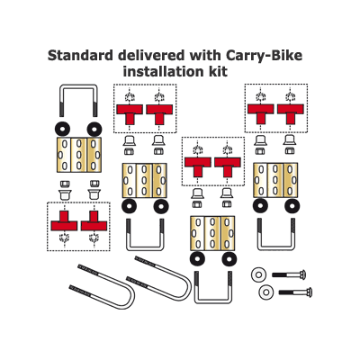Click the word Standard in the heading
[80, 56]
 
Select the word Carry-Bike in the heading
[264, 56]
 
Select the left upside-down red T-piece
[64, 220]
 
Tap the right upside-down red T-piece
[94, 220]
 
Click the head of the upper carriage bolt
[302, 274]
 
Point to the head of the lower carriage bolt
[309, 292]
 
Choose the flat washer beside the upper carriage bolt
[258, 274]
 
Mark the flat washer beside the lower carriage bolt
[265, 292]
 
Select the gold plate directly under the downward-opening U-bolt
[79, 155]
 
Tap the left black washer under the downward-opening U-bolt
[62, 129]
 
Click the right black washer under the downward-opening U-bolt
[94, 129]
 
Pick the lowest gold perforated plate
[212, 233]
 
